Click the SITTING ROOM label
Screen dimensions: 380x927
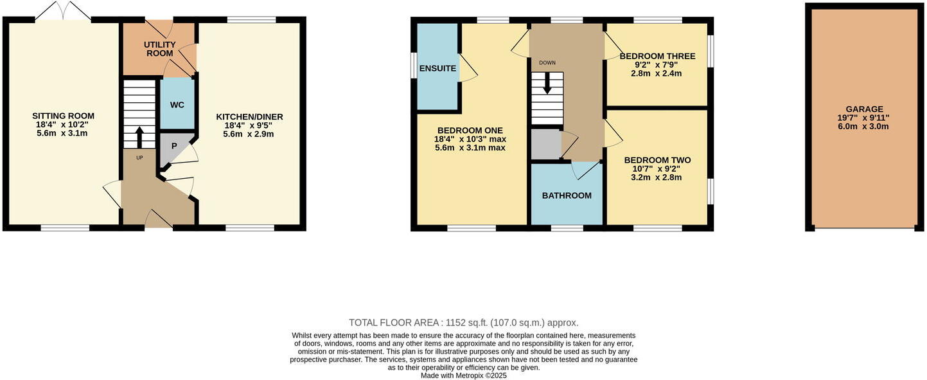tap(63, 116)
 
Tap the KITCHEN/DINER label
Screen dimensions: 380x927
tap(249, 117)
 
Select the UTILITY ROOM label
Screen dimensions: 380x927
tap(159, 49)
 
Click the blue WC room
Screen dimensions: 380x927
tap(177, 104)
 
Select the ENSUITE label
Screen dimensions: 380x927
tap(437, 68)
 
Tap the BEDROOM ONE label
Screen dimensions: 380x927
tap(470, 131)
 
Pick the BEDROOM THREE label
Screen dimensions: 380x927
tap(655, 56)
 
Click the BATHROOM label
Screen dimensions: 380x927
tap(566, 195)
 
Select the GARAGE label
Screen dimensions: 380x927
tap(864, 109)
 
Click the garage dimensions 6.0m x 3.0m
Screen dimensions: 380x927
tap(864, 126)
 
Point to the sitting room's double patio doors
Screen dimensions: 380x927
tap(63, 12)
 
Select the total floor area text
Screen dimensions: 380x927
tap(463, 323)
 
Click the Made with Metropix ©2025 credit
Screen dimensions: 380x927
tap(463, 375)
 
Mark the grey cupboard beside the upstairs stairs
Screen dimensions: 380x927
tap(545, 143)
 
